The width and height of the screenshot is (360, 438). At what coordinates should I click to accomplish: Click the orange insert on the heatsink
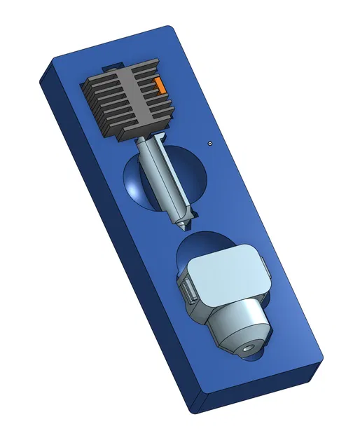pos(160,85)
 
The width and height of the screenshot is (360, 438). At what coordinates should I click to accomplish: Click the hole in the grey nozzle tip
pos(249,345)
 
